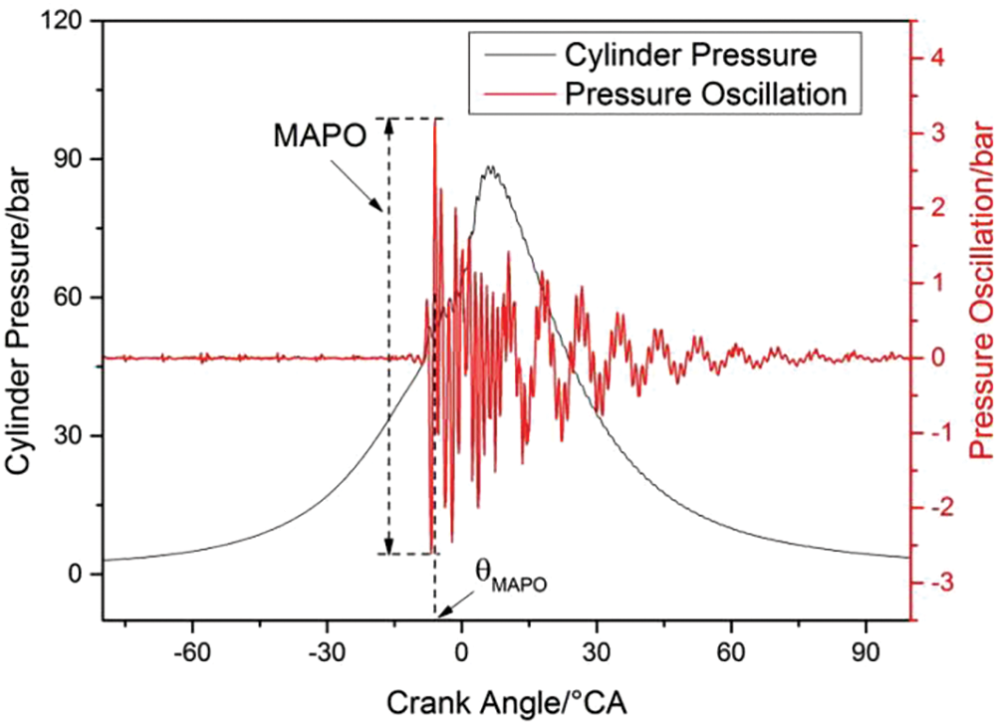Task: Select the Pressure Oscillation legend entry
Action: (x=705, y=94)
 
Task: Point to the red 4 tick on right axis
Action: (x=935, y=58)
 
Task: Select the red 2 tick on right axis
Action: (x=935, y=207)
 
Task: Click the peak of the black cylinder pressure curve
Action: (x=490, y=167)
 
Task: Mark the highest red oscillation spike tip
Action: (x=435, y=120)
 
